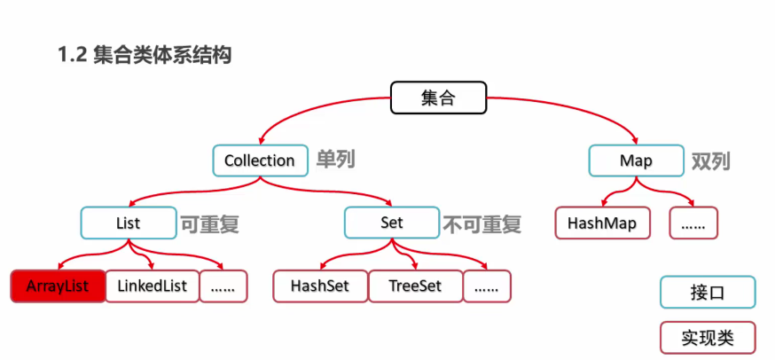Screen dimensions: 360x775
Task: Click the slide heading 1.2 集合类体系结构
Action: point(145,56)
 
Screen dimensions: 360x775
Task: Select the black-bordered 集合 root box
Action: point(438,98)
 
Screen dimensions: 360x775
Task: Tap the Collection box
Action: point(259,160)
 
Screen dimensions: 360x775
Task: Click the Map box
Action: point(636,160)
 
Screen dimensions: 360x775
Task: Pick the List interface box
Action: point(129,223)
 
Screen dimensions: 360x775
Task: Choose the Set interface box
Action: point(392,223)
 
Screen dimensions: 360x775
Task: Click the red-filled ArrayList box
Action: point(58,286)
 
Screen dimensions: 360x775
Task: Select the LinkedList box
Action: point(151,286)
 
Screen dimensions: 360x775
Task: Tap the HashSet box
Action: point(319,286)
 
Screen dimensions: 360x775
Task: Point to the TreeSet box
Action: point(414,286)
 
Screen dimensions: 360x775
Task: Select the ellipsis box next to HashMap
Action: point(693,223)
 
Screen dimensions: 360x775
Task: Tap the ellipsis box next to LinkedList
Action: point(223,286)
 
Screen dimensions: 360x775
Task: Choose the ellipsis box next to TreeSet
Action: point(487,286)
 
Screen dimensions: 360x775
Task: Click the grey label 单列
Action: point(335,160)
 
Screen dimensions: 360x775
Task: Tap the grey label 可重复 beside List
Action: point(210,223)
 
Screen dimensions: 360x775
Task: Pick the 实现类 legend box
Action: point(707,338)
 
